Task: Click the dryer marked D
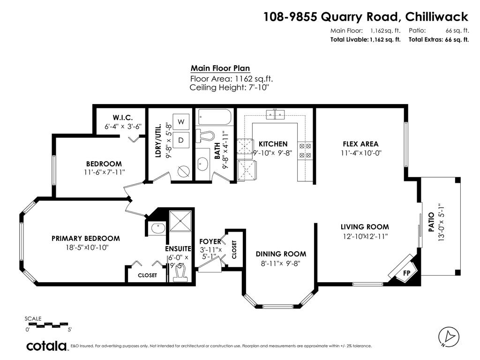181,140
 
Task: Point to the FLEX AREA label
360,144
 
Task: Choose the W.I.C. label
123,117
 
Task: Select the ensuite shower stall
180,221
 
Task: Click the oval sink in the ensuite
158,228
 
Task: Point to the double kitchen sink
275,115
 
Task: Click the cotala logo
46,346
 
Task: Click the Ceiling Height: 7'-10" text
230,88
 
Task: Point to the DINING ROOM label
281,254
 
